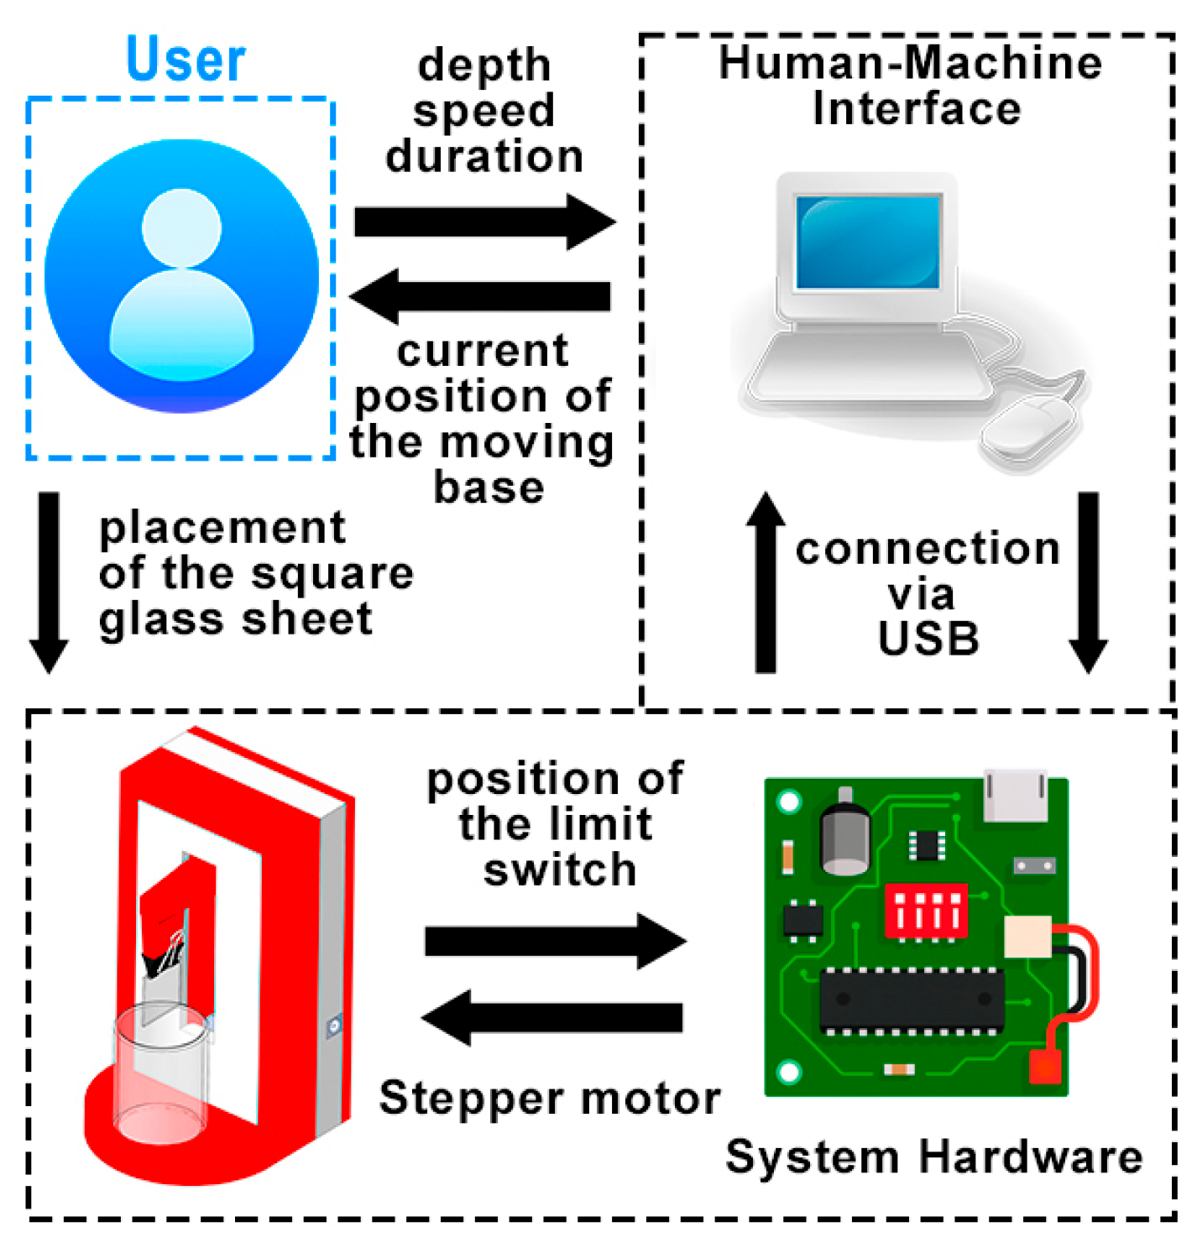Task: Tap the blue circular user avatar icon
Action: [181, 276]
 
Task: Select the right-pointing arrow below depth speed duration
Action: [484, 222]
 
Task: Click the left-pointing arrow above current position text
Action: [480, 295]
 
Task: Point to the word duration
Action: [484, 156]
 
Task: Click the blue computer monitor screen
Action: [868, 242]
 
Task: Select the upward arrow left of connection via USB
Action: [766, 582]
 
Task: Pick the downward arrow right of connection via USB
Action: [1088, 582]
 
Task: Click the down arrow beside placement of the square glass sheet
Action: [49, 582]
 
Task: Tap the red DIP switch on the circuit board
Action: [926, 911]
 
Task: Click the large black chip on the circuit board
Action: [912, 999]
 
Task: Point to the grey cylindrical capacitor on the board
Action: [844, 834]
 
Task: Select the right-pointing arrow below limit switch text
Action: [555, 941]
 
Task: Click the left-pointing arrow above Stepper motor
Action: [552, 1017]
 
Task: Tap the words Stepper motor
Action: [550, 1098]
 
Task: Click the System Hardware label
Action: [933, 1157]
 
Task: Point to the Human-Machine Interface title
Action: [911, 86]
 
